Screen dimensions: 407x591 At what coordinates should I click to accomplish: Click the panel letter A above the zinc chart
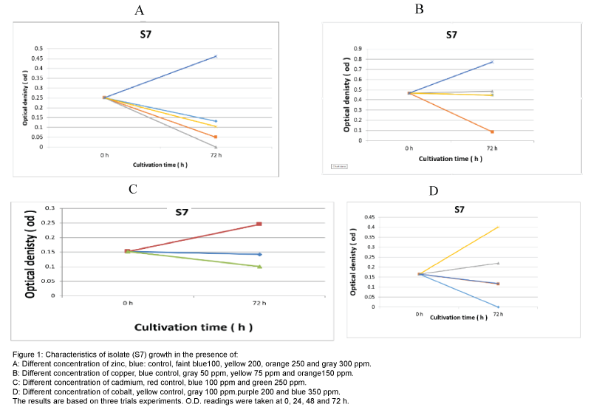click(139, 10)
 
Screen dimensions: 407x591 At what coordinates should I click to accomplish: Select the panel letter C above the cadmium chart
click(133, 188)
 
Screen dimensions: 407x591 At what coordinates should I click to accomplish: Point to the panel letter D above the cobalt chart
click(434, 191)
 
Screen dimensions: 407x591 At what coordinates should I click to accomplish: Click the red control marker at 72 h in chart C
click(259, 224)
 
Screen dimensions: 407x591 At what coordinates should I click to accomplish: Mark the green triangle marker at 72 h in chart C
click(259, 266)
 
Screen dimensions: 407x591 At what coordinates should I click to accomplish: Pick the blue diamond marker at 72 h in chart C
click(259, 254)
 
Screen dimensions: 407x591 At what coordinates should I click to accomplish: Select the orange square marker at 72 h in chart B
click(492, 131)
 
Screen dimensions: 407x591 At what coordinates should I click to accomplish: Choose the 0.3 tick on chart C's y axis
click(50, 208)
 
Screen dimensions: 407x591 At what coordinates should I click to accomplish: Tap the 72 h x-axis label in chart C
click(259, 304)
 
